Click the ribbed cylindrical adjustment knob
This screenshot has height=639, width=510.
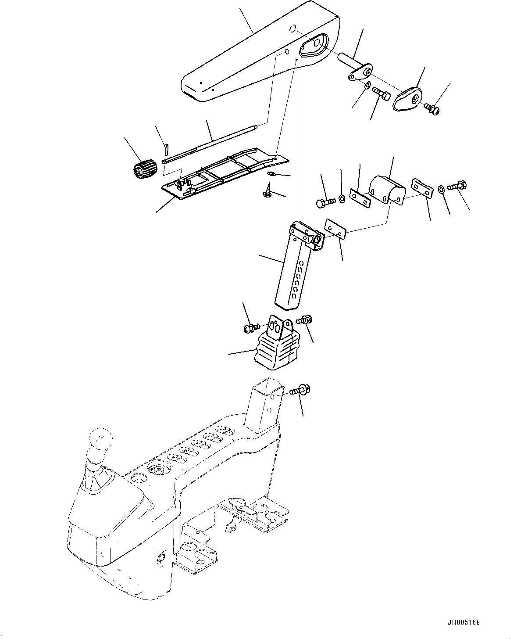[144, 169]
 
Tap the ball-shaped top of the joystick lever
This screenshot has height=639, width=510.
[100, 439]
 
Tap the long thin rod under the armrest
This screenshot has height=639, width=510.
[210, 144]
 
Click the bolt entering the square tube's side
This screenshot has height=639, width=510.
[300, 389]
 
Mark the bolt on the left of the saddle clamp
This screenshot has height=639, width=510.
[325, 202]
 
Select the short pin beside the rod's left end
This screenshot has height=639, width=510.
[166, 149]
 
